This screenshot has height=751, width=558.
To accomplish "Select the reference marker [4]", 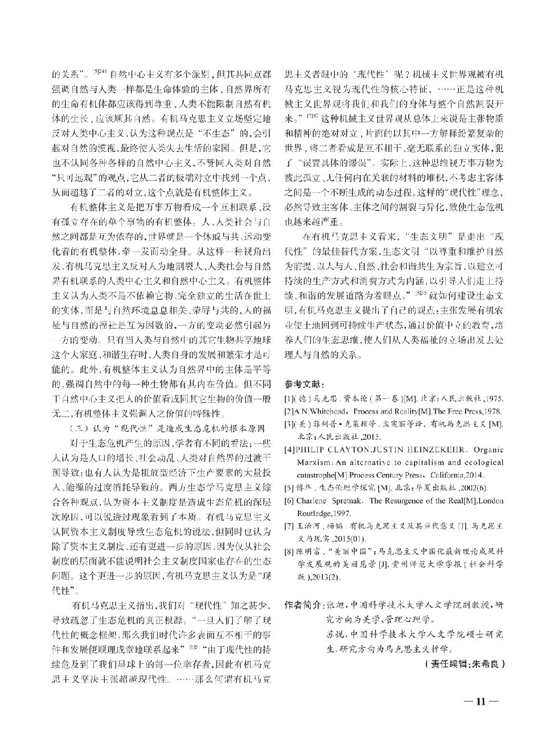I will click(289, 449).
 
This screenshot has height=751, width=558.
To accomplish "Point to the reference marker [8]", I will click(289, 551).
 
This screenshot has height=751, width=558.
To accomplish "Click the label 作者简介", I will click(302, 605).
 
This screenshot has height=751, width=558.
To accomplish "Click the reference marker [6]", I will click(289, 500).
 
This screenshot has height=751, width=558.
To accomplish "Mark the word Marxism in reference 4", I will click(313, 462).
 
